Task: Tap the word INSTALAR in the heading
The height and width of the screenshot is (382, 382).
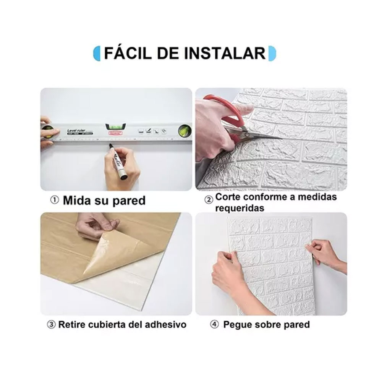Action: point(225,53)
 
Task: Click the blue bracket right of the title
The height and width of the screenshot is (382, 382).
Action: point(272,53)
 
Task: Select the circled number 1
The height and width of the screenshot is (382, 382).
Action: point(55,200)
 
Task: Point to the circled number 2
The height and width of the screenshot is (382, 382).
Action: point(209,200)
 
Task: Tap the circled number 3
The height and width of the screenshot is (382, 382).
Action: point(51,325)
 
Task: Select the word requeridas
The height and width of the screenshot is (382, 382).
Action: point(240,209)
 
